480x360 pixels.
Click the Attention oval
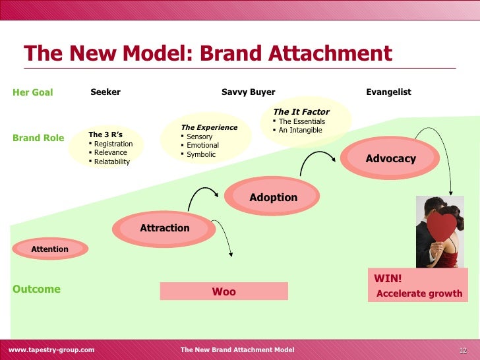coord(49,249)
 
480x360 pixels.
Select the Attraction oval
coord(164,228)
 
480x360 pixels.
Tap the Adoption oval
coord(273,197)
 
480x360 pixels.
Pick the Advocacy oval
coord(390,158)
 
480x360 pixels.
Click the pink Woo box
coord(224,291)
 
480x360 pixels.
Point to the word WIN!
coord(388,278)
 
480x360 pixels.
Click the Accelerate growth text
coord(419,293)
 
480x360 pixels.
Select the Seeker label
coord(105,92)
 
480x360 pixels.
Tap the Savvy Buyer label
coord(248,92)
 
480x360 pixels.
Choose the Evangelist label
coord(388,92)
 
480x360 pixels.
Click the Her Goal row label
coord(32,92)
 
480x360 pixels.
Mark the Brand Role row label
coord(38,138)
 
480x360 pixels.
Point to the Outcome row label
coord(36,289)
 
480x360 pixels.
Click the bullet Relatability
coord(111,162)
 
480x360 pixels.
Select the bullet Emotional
coord(202,145)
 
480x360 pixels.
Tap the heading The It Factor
coord(301,111)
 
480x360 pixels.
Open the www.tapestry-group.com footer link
coord(51,349)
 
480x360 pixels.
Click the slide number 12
coord(463,349)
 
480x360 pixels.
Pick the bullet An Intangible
coord(300,130)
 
